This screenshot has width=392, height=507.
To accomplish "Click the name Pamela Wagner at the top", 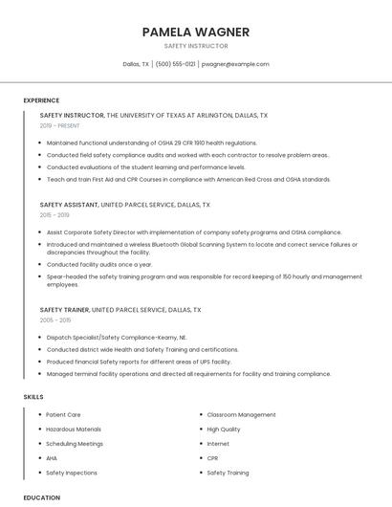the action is coord(195,32).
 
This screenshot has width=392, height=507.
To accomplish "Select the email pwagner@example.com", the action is coord(235,64).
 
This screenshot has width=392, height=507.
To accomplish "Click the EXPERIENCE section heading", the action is coord(41,100).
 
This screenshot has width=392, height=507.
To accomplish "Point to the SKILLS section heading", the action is coord(33,396).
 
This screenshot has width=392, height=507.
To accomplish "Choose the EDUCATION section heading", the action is coord(41,497).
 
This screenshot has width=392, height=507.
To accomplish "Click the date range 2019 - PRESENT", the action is coord(59,125).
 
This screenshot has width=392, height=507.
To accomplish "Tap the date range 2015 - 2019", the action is coord(54,215).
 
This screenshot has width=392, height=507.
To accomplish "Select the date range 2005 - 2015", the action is coord(54,320).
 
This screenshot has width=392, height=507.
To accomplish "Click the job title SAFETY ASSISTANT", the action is coord(69,205).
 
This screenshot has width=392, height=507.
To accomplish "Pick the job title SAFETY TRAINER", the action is coord(65,310).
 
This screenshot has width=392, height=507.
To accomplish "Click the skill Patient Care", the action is coord(64,415).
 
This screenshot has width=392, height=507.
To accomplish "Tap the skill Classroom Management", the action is coord(241,415).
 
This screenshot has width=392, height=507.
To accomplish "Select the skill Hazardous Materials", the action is coord(73,430).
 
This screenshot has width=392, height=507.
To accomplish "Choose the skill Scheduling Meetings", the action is coord(74,444).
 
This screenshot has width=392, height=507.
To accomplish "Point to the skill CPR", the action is coord(212,458).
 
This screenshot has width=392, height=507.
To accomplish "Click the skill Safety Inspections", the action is coord(71,473).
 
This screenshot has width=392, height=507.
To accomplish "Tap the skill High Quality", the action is coord(224,430).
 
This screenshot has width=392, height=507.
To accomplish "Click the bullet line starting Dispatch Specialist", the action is coord(116,337).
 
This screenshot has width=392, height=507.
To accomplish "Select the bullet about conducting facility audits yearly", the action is coord(99,264).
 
